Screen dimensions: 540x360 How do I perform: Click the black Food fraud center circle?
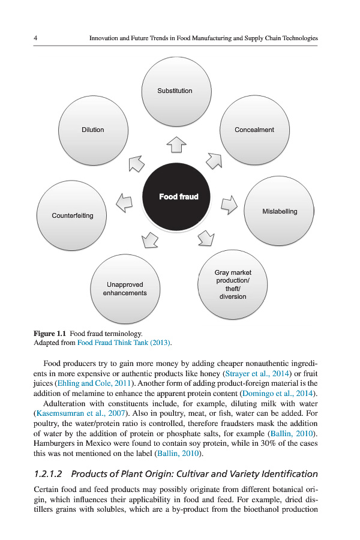pyautogui.click(x=178, y=197)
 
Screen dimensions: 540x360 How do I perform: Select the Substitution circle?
pyautogui.click(x=175, y=91)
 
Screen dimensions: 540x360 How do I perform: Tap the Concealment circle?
pyautogui.click(x=254, y=130)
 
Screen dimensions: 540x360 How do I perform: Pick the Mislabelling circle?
pyautogui.click(x=280, y=211)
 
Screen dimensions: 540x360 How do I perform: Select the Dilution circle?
pyautogui.click(x=93, y=130)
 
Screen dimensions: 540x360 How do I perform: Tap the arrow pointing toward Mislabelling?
pyautogui.click(x=230, y=204)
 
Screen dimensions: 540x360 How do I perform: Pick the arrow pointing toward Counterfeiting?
pyautogui.click(x=124, y=203)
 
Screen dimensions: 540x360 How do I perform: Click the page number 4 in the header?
pyautogui.click(x=36, y=38)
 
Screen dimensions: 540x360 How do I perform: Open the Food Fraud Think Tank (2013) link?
pyautogui.click(x=124, y=343)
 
